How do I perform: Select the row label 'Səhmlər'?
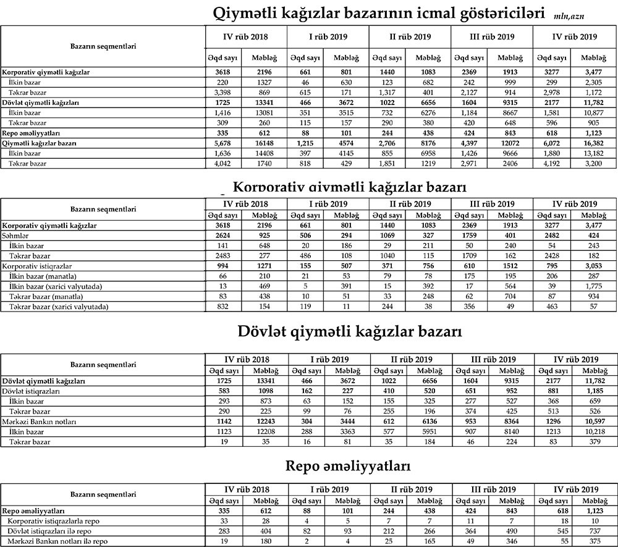click(x=17, y=236)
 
